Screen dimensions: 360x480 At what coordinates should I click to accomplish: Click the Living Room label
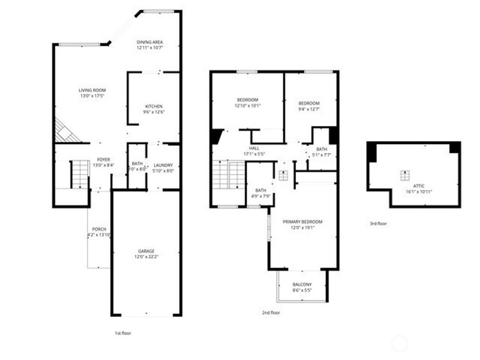92,90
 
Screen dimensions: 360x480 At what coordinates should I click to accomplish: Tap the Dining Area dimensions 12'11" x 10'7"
150,48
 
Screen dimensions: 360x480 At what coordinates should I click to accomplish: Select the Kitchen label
154,106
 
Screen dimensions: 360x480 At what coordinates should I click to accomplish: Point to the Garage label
146,251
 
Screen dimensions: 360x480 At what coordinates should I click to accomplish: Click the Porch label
99,229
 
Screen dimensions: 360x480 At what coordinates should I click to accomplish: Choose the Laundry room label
163,165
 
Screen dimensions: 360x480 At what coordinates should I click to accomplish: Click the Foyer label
103,159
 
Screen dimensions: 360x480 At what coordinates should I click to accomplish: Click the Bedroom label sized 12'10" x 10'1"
247,100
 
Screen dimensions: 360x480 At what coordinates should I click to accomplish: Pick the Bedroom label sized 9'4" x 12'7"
309,103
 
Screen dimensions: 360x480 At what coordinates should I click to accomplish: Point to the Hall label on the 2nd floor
254,148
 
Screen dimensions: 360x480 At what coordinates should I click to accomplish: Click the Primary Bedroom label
302,222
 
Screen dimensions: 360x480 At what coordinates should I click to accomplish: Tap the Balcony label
302,285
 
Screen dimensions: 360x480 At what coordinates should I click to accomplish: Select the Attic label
419,186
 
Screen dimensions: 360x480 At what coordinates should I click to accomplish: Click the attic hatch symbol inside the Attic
404,175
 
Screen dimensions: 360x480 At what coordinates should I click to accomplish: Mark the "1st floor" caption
123,333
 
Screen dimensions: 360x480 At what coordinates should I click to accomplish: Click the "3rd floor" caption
378,224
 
